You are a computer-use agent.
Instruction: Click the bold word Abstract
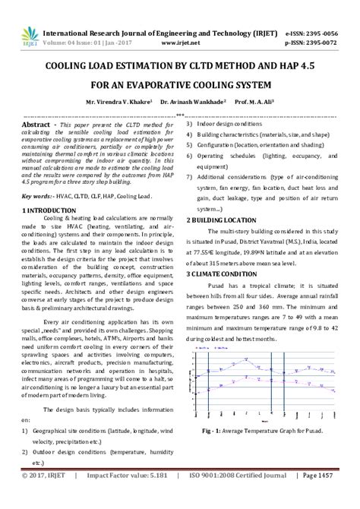(37, 123)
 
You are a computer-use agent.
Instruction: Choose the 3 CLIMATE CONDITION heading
(223, 273)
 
